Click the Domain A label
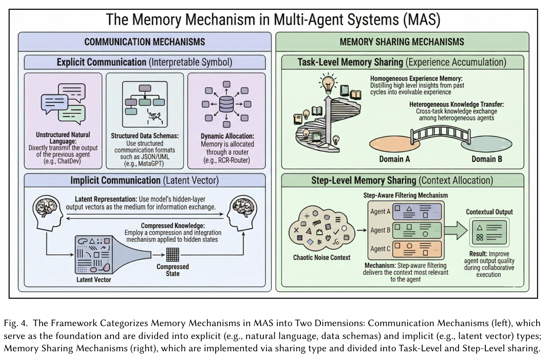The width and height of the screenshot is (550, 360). (394, 159)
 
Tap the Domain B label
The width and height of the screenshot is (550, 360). (486, 159)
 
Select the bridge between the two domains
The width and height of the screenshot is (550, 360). (440, 134)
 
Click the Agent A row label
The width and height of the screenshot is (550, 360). (380, 212)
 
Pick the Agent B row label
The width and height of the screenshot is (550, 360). (380, 230)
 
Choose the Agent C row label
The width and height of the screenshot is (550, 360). (380, 249)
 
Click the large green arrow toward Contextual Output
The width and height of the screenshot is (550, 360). (456, 231)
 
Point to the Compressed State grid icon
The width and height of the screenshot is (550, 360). (172, 255)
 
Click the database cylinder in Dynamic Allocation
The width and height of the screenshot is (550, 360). (226, 104)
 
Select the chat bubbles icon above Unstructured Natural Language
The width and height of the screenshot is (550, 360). (64, 104)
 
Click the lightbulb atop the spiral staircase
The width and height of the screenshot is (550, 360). (328, 84)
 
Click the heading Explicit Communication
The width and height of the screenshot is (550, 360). (101, 63)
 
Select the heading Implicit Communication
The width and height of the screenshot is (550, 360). (116, 180)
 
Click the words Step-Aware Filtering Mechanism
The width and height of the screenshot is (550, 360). (406, 196)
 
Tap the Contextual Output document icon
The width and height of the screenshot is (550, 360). (489, 232)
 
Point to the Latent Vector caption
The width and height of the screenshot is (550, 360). (93, 280)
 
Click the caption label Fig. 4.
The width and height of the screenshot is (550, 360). (15, 323)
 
